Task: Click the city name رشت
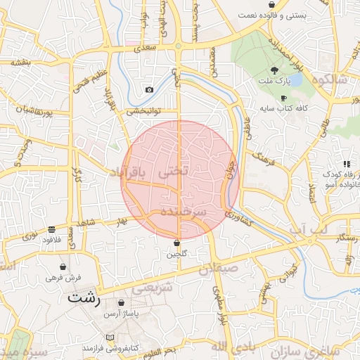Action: click(x=84, y=298)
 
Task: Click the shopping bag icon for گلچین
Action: click(x=177, y=243)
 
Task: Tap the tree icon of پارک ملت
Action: click(x=274, y=70)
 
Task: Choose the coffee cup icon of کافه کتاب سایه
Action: click(x=284, y=98)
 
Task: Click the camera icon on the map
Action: click(x=149, y=89)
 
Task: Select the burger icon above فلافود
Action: click(x=52, y=229)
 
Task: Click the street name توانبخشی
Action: click(x=144, y=110)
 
